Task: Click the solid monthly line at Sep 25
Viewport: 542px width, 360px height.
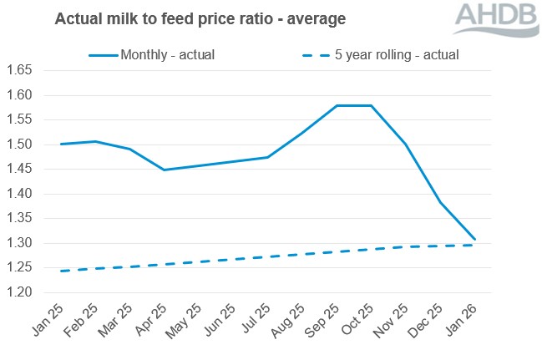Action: click(336, 106)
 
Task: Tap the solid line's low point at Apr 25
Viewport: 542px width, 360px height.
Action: click(164, 170)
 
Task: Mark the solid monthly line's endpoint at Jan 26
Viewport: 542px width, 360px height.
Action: click(475, 240)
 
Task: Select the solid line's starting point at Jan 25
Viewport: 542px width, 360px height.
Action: click(60, 144)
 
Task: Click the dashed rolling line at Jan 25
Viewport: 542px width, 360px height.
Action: click(60, 271)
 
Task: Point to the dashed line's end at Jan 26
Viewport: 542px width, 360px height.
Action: click(475, 245)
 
